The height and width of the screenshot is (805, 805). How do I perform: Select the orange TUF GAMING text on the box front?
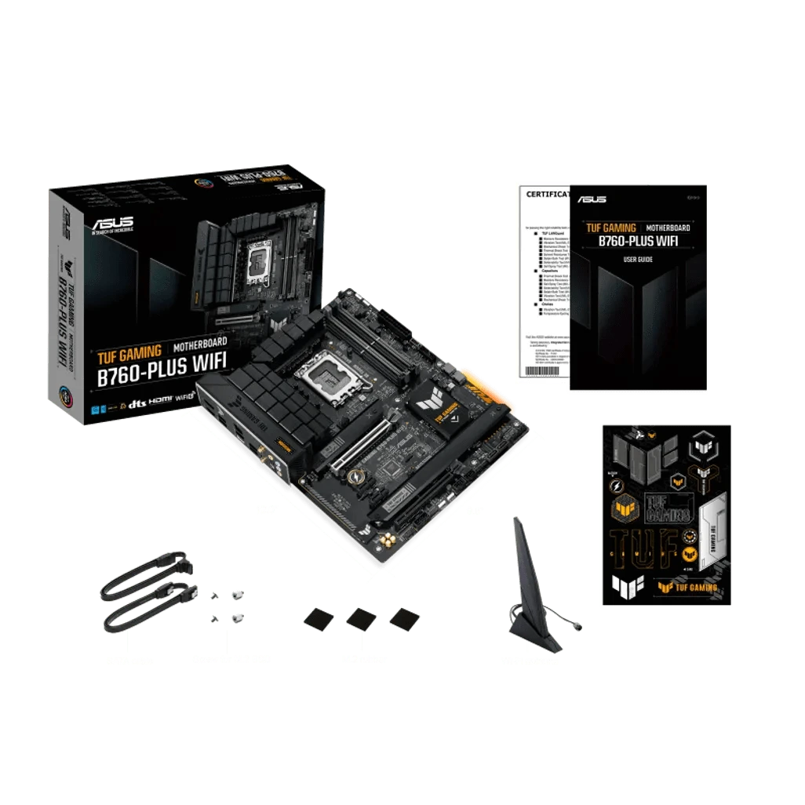(129, 350)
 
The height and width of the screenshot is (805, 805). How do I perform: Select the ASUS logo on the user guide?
(592, 200)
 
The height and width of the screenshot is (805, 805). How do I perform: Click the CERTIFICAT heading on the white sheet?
(547, 194)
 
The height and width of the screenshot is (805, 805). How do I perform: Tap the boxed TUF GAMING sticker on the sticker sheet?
(666, 508)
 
